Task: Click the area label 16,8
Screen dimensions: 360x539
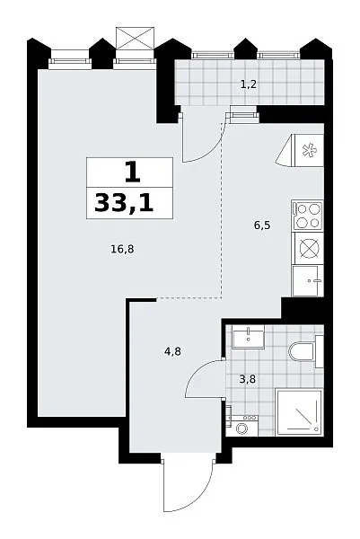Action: [122, 249]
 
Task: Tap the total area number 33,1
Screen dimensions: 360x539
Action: [124, 203]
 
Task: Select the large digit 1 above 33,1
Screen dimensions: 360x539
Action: [133, 172]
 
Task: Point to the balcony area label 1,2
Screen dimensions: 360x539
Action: [249, 84]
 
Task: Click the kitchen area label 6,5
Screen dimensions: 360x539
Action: [262, 225]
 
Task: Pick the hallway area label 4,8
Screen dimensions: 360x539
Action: [172, 351]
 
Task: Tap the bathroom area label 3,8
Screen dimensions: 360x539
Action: [247, 379]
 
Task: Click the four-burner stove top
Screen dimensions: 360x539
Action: [307, 216]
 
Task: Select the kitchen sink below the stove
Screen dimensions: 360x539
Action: [307, 280]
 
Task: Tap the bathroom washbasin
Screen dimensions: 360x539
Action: [249, 337]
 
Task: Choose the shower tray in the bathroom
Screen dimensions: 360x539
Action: [299, 412]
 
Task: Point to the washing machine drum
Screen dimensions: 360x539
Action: [242, 429]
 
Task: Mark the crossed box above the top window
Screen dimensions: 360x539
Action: [135, 39]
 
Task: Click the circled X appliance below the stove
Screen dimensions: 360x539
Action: [307, 248]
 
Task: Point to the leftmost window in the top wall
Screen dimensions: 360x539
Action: [70, 61]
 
